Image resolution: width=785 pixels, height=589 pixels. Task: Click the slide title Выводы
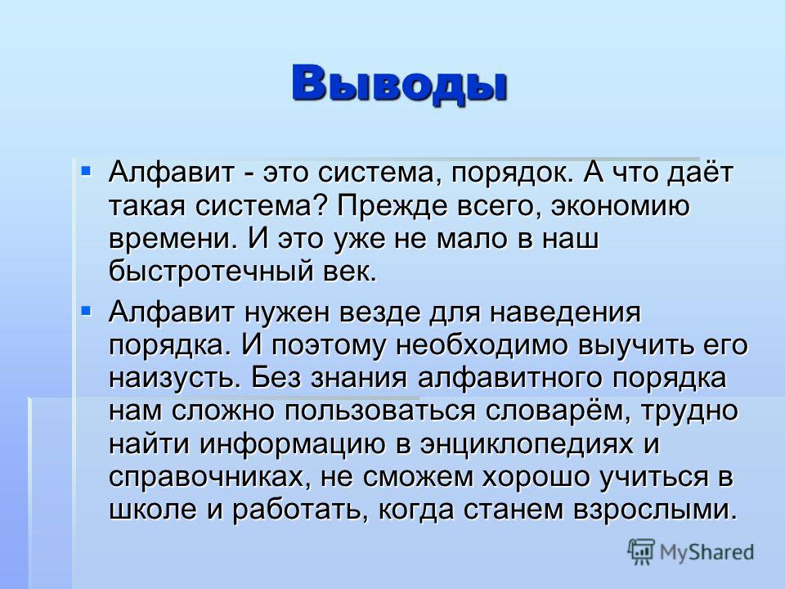[x=400, y=83]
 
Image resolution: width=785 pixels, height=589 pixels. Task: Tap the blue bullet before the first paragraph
[x=86, y=171]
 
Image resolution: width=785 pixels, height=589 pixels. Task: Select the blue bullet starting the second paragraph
[x=86, y=312]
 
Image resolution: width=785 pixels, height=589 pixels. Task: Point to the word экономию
[x=621, y=206]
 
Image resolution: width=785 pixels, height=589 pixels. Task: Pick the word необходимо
[x=482, y=345]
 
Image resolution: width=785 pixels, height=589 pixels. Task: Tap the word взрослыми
[x=655, y=510]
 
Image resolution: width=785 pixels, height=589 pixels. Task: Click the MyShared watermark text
[x=706, y=553]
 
